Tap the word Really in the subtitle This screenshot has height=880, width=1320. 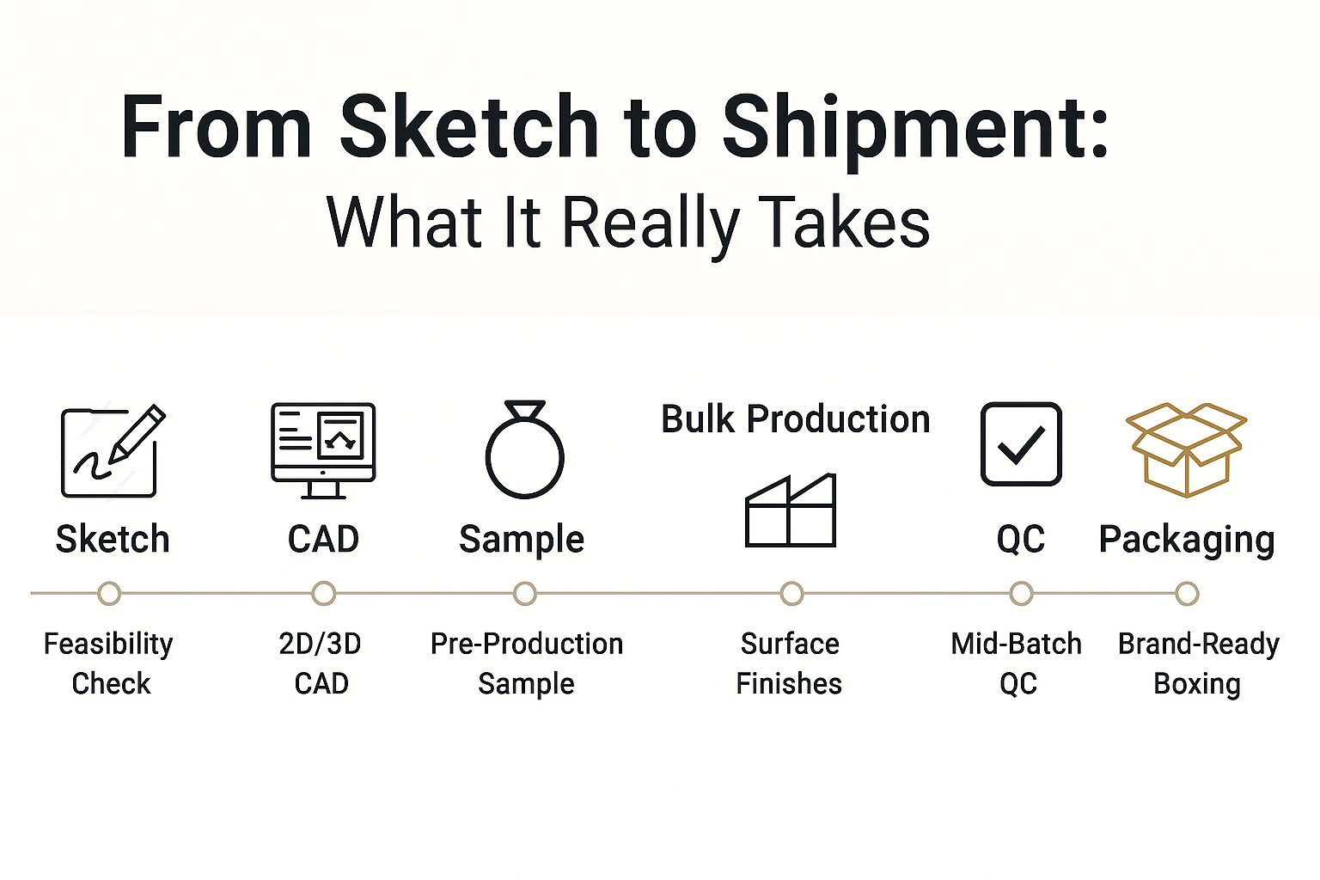tap(651, 224)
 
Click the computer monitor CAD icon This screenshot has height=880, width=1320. tap(323, 451)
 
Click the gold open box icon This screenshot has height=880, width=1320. tap(1186, 449)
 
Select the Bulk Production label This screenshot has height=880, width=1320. tap(796, 419)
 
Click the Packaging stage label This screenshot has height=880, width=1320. tap(1187, 540)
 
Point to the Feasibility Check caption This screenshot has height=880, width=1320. tap(109, 663)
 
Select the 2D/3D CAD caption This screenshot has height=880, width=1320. tap(321, 663)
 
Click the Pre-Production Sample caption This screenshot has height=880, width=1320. tap(526, 663)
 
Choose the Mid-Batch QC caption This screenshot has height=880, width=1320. tap(1017, 663)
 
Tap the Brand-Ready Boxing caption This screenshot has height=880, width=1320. tap(1199, 663)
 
